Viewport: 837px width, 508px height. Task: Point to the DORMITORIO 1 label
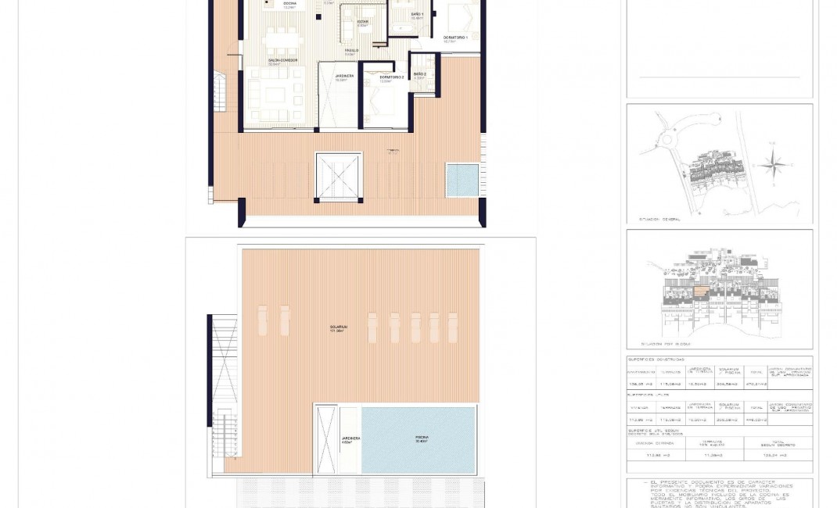(x=455, y=38)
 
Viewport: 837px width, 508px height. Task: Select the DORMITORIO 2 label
(x=392, y=77)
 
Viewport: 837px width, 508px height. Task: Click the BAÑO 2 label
(x=419, y=74)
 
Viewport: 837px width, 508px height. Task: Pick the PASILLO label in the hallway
(x=352, y=51)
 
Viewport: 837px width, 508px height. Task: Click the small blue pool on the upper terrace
(x=462, y=180)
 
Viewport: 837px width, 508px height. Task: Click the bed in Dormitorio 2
(x=383, y=102)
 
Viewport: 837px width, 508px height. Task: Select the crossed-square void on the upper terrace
(x=339, y=177)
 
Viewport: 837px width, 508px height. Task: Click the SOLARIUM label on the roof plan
(x=338, y=327)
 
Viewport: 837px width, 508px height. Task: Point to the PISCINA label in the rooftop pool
(x=422, y=438)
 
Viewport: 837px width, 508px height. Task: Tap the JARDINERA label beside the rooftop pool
(x=350, y=438)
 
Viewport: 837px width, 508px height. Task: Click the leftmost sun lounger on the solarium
(x=262, y=320)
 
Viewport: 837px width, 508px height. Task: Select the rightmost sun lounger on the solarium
(x=452, y=327)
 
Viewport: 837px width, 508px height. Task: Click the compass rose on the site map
(x=772, y=165)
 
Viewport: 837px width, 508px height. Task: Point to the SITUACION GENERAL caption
(x=659, y=220)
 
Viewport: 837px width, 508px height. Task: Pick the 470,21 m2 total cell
(x=756, y=385)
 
